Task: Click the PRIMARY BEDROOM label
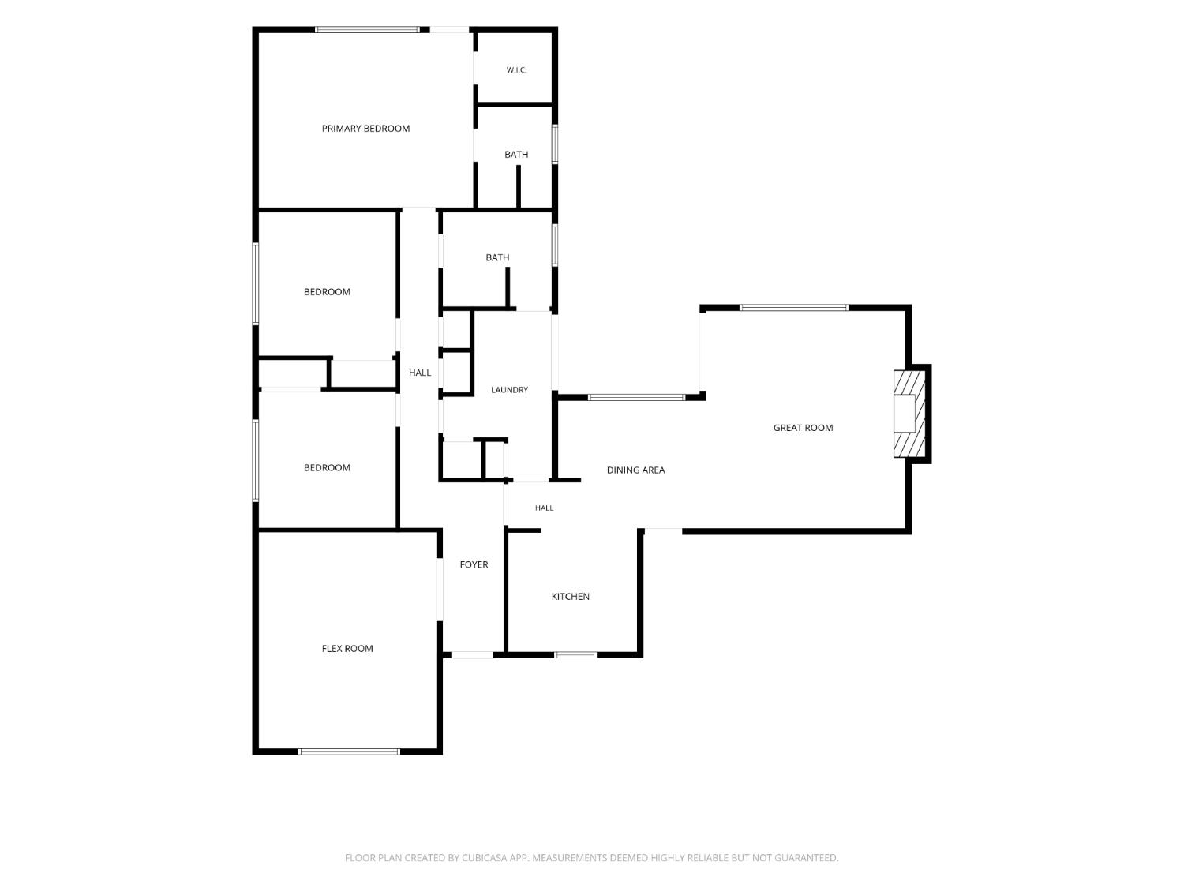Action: click(365, 129)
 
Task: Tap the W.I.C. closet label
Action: click(516, 70)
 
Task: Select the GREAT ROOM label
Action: click(803, 428)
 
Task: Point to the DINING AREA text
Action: click(635, 470)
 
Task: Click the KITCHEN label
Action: click(570, 596)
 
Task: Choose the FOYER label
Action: click(474, 564)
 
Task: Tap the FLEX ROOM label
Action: click(347, 648)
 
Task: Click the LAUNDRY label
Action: click(509, 389)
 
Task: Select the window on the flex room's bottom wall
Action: click(349, 751)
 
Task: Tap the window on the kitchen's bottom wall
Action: click(575, 654)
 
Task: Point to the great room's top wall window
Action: click(793, 308)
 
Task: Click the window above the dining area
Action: click(636, 397)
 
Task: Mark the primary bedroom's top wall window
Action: click(367, 30)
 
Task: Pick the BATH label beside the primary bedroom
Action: click(516, 154)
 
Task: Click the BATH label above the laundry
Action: click(497, 257)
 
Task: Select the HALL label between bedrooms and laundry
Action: click(420, 372)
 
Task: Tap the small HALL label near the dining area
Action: click(544, 508)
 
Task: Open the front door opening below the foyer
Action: click(473, 654)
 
